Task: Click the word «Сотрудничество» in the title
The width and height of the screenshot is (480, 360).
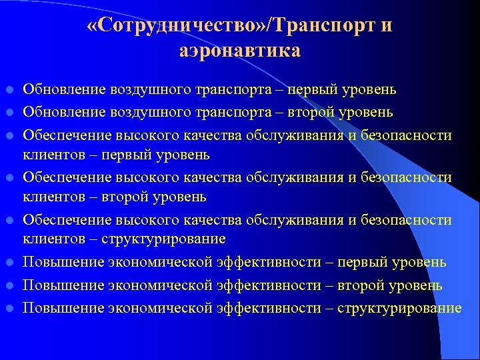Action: pyautogui.click(x=177, y=27)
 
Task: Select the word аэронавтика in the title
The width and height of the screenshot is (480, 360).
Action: pyautogui.click(x=240, y=51)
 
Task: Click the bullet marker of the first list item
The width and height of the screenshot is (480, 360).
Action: pyautogui.click(x=9, y=89)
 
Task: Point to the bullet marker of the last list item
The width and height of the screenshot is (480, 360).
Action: pyautogui.click(x=9, y=309)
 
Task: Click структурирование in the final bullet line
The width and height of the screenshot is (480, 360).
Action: pyautogui.click(x=399, y=308)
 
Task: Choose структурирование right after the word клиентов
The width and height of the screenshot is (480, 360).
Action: pyautogui.click(x=165, y=239)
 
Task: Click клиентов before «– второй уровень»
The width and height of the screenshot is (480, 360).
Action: pyautogui.click(x=50, y=197)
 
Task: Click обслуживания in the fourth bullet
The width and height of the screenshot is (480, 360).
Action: pyautogui.click(x=291, y=177)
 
